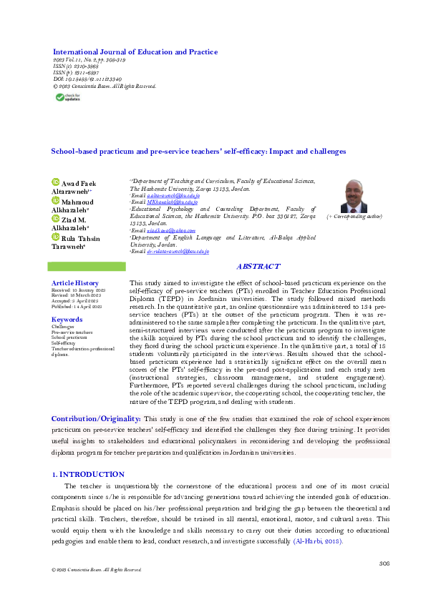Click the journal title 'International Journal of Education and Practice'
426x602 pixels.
135,52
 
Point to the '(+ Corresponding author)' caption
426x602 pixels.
354,215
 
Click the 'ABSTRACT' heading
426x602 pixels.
258,267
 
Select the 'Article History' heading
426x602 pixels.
75,284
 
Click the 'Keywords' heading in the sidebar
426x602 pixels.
67,320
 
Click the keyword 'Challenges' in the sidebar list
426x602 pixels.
63,327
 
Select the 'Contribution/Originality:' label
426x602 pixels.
96,418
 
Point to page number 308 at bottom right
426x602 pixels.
383,564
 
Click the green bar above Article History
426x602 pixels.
86,267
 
